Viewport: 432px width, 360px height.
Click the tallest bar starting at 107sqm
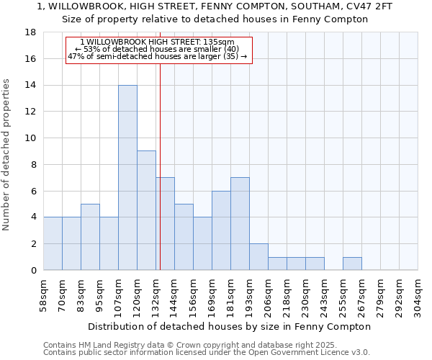pos(127,177)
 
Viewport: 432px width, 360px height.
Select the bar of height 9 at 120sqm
pos(146,210)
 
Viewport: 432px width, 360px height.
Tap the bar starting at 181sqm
pos(240,223)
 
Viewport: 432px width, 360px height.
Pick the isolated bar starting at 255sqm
pos(352,264)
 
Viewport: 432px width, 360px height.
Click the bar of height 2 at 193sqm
pos(258,256)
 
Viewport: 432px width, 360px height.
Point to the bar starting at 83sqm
pos(90,237)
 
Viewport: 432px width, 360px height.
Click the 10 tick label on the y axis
pos(31,138)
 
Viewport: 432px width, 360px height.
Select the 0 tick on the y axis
pos(34,270)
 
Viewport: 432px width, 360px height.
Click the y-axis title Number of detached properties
pos(7,155)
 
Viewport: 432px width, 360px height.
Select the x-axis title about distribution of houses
pos(230,326)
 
